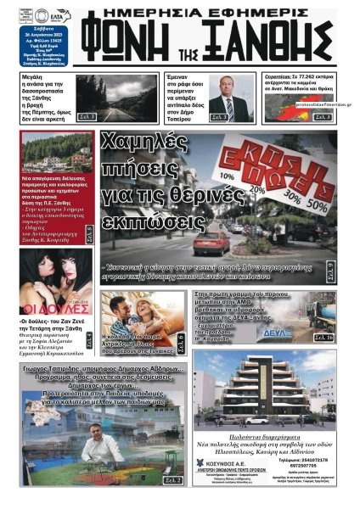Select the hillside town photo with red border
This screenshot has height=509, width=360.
58,152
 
